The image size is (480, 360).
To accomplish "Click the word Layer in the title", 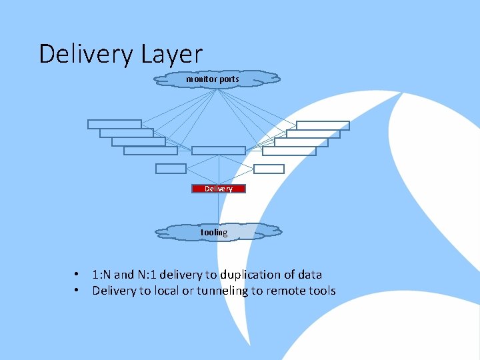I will point(171,54).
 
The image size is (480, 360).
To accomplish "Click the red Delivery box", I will point(219,189).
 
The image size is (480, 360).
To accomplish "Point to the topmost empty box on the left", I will point(115,124).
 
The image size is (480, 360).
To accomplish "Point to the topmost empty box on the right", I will point(323,125).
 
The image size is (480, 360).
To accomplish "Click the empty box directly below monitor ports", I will point(219,151).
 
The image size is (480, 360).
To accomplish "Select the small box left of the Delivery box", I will point(171,169).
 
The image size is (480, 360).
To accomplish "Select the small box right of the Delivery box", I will point(269,169).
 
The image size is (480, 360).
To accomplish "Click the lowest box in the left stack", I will point(151,151).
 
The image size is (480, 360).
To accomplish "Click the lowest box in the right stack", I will point(289,151).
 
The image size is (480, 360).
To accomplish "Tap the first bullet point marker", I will point(78,275).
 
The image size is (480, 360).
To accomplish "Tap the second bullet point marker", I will point(78,291).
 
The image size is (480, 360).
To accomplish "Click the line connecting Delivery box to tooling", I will point(219,208).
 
